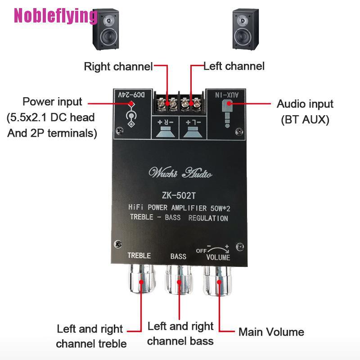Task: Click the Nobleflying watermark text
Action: click(x=55, y=16)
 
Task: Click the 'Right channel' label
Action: click(x=118, y=67)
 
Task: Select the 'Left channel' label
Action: click(x=234, y=66)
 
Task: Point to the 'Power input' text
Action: click(x=53, y=102)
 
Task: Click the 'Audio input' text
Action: click(x=305, y=104)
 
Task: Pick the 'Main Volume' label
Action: click(x=271, y=332)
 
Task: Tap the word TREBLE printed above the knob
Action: click(x=139, y=256)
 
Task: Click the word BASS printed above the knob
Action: click(x=178, y=256)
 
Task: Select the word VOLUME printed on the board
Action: click(x=218, y=257)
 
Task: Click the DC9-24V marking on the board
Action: click(x=131, y=95)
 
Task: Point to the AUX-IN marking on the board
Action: click(x=227, y=95)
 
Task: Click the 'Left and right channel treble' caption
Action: click(x=91, y=336)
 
